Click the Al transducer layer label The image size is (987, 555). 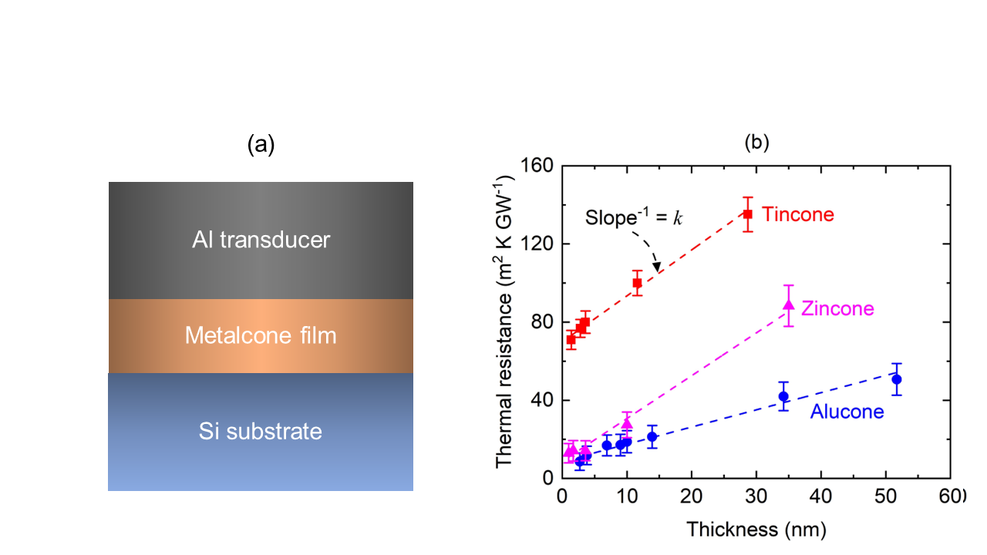click(261, 240)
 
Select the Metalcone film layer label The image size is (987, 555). click(261, 336)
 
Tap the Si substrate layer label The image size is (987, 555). click(261, 431)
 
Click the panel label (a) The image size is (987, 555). click(261, 145)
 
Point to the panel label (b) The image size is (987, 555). click(756, 143)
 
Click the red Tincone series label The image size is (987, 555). click(798, 214)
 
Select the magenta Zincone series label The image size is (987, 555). click(837, 309)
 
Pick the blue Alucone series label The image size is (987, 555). click(847, 412)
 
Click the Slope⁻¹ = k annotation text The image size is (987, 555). click(633, 217)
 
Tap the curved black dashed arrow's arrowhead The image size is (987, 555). click(657, 267)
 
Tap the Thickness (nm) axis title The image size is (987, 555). click(756, 530)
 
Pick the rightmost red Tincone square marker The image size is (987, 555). click(747, 214)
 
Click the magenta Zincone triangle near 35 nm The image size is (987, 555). click(788, 305)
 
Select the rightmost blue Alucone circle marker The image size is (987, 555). click(896, 379)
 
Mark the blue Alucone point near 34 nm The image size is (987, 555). click(783, 396)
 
